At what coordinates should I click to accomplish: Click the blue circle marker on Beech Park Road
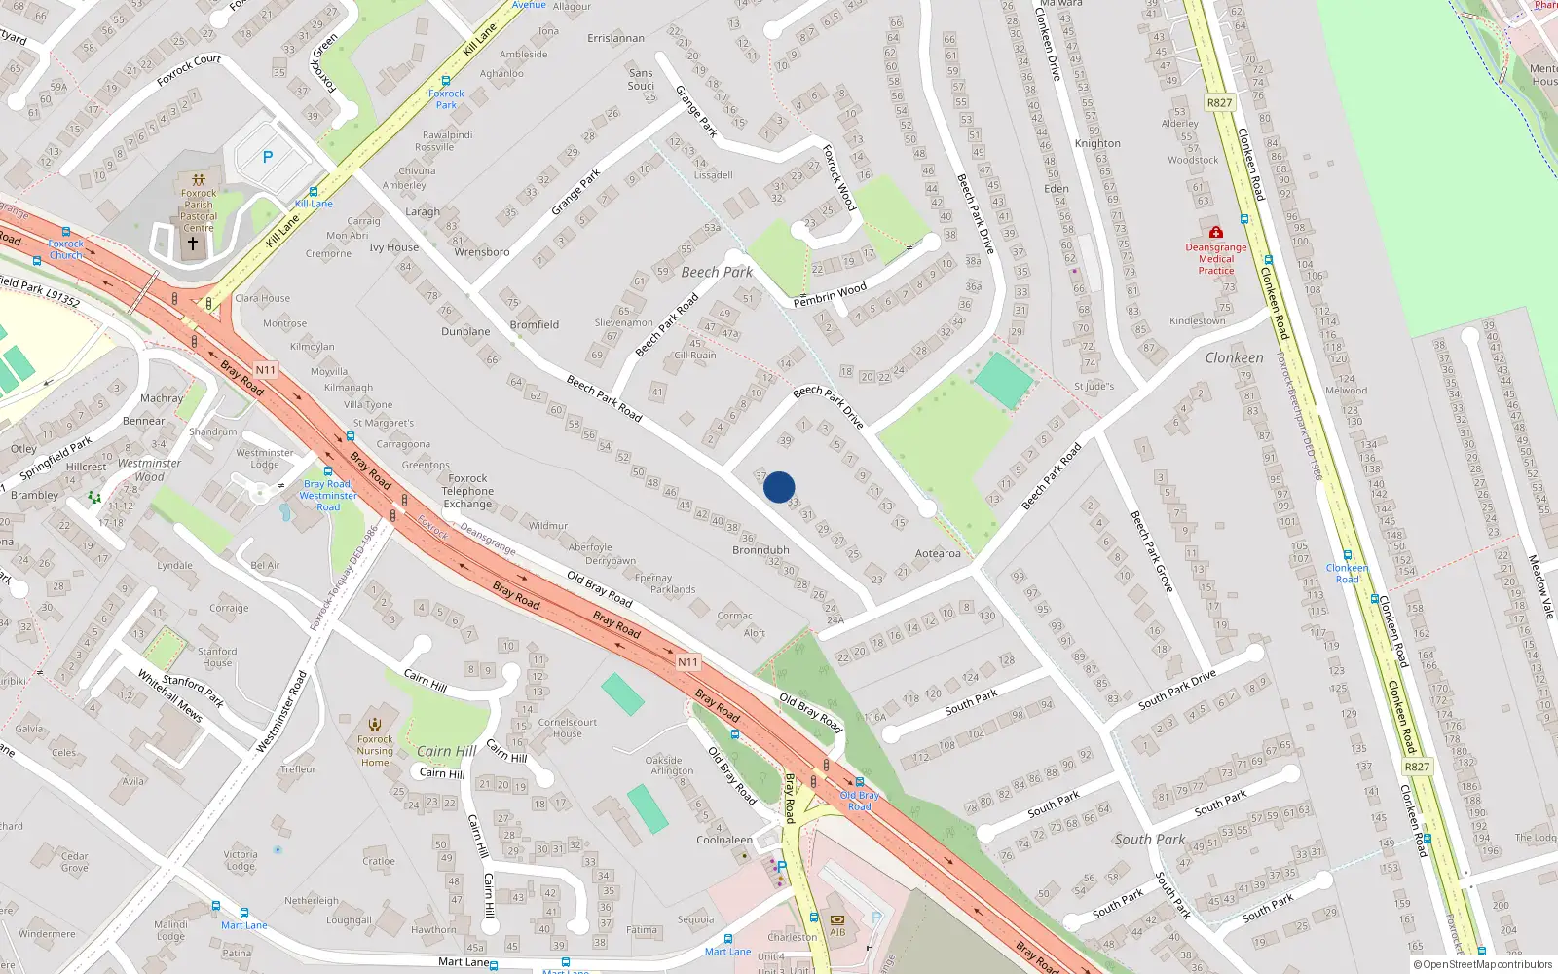pos(779,487)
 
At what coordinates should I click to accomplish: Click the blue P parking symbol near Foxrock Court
pos(268,157)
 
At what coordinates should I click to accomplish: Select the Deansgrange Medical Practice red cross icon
pos(1216,233)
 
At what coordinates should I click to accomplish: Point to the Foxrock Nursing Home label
pos(375,750)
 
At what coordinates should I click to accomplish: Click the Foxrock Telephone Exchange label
pos(467,491)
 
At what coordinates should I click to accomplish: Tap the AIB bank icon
pos(837,919)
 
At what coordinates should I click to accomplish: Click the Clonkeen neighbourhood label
pos(1234,357)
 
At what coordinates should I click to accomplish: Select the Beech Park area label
pos(717,272)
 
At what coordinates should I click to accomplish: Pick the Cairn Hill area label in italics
pos(447,751)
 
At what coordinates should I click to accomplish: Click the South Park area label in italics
pos(1150,839)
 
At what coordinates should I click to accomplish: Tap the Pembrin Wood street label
pos(830,294)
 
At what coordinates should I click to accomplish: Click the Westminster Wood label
pos(149,469)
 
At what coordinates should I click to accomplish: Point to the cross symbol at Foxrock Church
pos(193,243)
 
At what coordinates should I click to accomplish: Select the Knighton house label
pos(1097,143)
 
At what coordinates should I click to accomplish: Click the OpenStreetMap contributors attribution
pos(1483,964)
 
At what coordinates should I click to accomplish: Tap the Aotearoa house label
pos(938,553)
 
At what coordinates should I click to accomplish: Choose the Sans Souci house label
pos(641,79)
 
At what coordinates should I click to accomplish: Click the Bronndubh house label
pos(760,550)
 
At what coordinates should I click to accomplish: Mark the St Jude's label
pos(1094,386)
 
